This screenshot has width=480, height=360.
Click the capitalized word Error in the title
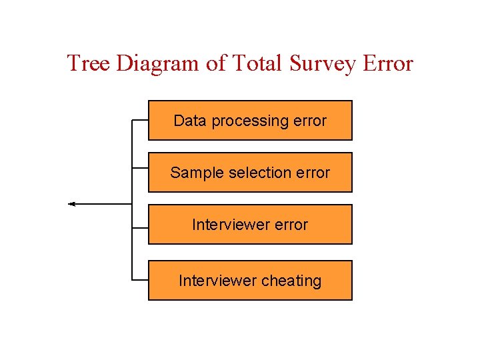click(387, 63)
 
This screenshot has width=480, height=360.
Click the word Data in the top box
click(188, 121)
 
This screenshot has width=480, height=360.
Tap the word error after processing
click(309, 121)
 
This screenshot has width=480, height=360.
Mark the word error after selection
click(313, 173)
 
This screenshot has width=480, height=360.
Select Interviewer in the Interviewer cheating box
click(217, 281)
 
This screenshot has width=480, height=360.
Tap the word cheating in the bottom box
click(291, 281)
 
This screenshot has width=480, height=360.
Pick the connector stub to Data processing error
click(140, 120)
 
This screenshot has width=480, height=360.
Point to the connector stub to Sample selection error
click(140, 167)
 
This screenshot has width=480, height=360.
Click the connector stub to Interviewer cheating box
click(140, 280)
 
